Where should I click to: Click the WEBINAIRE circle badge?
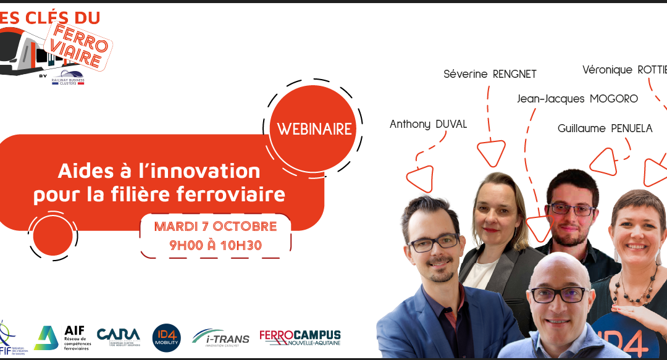pos(314,128)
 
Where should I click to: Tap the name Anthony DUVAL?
pos(428,124)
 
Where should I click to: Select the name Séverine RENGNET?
pos(490,74)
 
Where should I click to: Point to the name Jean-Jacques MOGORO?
pos(577,99)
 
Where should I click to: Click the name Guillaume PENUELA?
pos(605,128)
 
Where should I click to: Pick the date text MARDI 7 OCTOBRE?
pos(216,226)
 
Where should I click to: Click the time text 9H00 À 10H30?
pos(216,245)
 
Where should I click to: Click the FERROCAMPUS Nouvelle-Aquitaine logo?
pos(300,338)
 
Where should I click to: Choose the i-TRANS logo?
pos(220,337)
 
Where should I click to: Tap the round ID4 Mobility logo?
pos(166,338)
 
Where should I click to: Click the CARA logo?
pos(119,337)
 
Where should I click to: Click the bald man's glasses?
pos(557,295)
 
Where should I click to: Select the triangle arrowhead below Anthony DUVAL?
pos(420,178)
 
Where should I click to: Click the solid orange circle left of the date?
pos(53,236)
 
